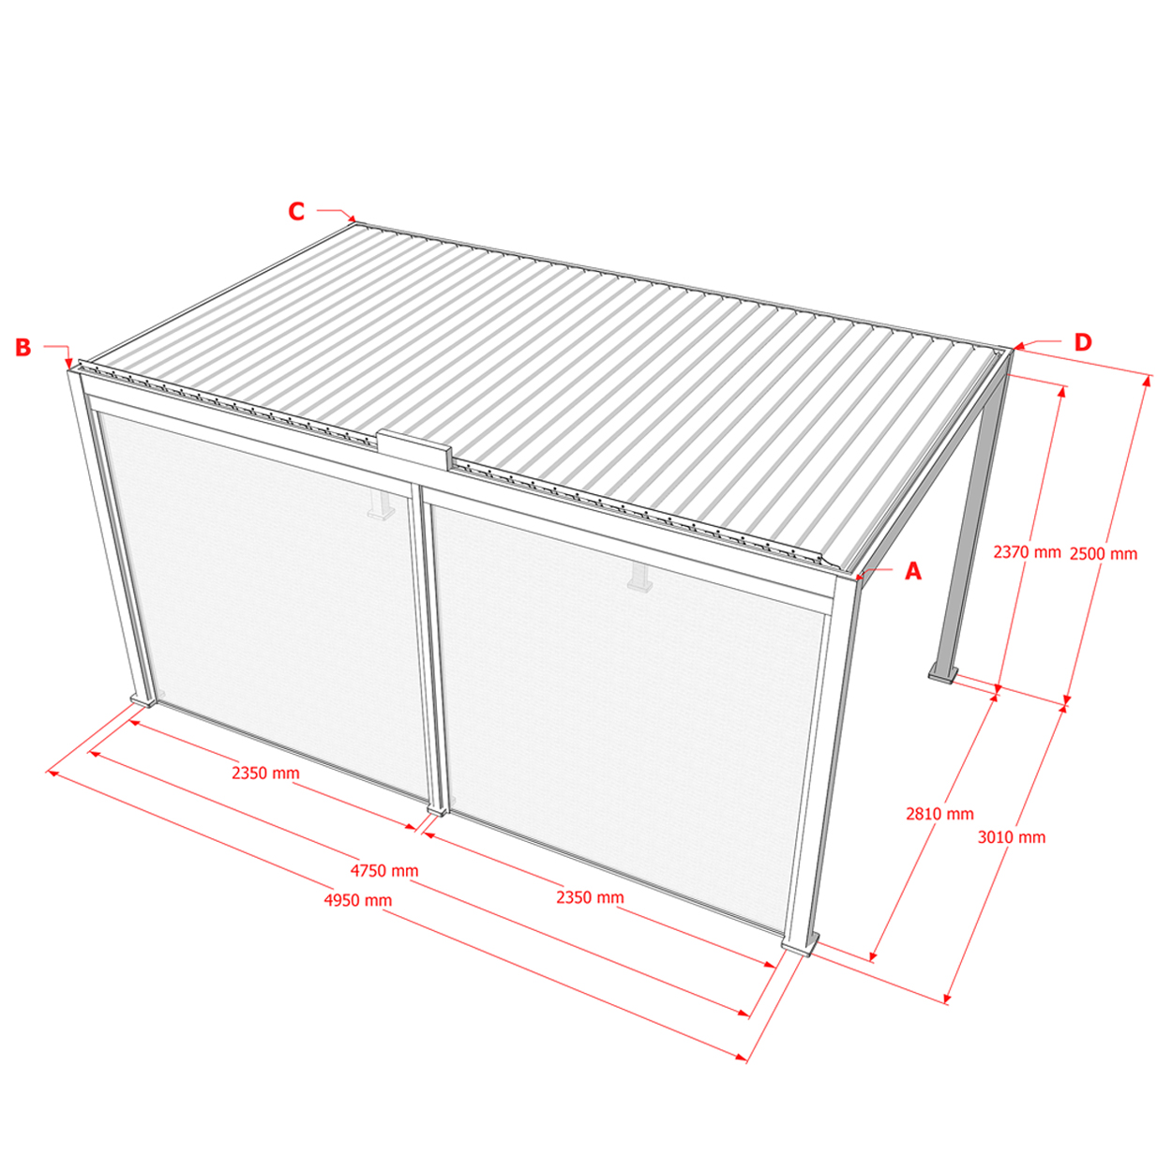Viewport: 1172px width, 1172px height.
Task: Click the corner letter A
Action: [913, 571]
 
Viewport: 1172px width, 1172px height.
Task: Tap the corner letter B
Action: [23, 347]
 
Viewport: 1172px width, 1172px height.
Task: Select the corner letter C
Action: [296, 211]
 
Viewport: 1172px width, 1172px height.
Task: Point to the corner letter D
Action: [1083, 342]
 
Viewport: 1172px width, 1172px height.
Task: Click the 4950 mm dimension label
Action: [357, 900]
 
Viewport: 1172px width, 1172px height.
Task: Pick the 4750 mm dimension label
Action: [384, 871]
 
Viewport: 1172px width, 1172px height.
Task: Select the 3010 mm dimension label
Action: [1012, 837]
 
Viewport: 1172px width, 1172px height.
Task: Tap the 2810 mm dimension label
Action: [939, 814]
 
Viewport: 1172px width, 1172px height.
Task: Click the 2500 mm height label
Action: [1104, 554]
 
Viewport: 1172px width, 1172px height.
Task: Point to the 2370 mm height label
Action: [1028, 552]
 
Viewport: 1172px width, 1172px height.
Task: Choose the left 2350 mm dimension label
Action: [265, 773]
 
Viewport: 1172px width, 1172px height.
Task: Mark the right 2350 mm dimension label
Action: [590, 897]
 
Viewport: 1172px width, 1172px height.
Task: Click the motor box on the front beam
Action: [415, 450]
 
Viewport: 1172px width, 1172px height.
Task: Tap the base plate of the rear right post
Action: [942, 674]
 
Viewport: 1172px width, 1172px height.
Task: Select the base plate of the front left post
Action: [143, 700]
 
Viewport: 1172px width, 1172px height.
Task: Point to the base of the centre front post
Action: [437, 810]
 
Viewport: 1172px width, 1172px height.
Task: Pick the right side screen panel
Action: [626, 712]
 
